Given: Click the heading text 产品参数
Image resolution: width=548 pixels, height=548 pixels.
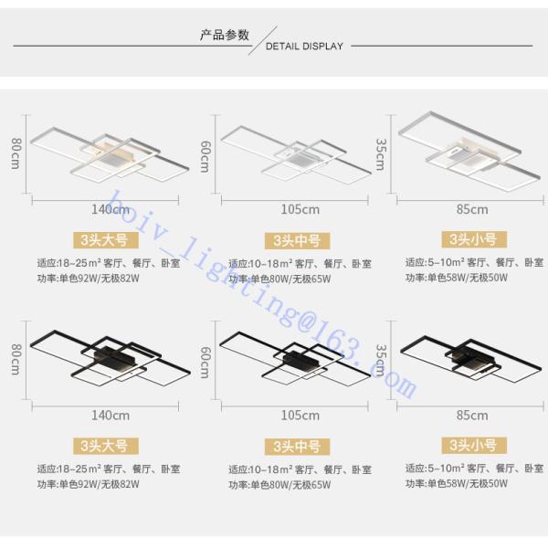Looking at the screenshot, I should tap(225, 35).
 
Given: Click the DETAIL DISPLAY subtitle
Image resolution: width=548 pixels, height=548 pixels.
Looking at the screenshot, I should tap(303, 44).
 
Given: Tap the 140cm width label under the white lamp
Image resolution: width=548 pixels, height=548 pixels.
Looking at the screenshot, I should tap(110, 209).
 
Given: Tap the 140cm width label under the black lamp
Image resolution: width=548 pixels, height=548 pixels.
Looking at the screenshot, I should tap(110, 415).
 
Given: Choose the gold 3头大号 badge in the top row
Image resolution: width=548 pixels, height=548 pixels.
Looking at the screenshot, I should tap(107, 241).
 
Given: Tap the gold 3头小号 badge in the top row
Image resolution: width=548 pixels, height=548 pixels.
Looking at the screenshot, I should tap(472, 241).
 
